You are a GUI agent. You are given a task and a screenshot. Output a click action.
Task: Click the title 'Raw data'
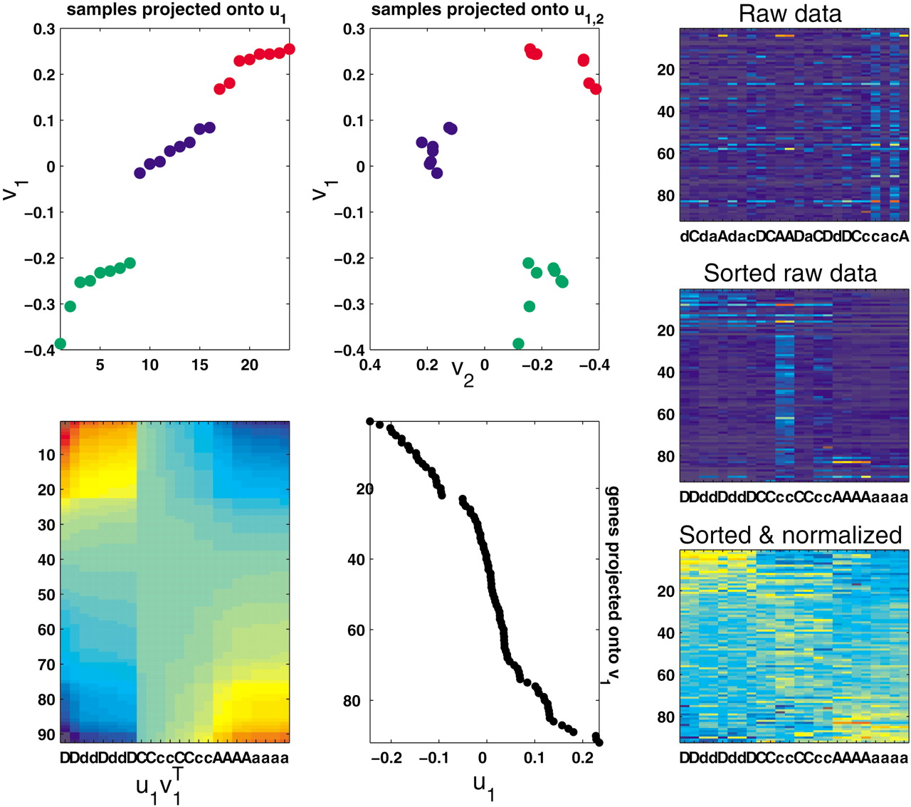(x=790, y=14)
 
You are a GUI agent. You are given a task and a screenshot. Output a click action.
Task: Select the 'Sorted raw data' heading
(x=790, y=273)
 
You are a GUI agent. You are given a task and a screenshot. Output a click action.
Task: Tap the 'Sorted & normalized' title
(x=790, y=534)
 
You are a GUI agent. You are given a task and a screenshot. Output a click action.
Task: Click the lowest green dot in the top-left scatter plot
(x=60, y=344)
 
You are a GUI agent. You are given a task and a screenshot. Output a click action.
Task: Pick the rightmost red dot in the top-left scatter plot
(x=289, y=49)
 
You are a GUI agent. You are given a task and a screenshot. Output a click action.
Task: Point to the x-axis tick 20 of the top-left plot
(x=249, y=365)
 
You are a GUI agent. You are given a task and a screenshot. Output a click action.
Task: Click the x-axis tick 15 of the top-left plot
(x=199, y=365)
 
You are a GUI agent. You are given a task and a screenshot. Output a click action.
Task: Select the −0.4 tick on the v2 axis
(x=594, y=365)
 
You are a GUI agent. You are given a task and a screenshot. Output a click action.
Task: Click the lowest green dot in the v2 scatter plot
(x=518, y=344)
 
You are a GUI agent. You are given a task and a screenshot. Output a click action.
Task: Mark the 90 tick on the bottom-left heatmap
(x=46, y=734)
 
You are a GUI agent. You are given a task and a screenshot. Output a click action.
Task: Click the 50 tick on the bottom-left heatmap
(x=46, y=595)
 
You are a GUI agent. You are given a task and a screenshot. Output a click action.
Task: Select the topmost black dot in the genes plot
(x=370, y=422)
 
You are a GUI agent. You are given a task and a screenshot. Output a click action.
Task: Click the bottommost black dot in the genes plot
(x=599, y=742)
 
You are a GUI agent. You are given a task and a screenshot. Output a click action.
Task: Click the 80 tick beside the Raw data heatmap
(x=665, y=195)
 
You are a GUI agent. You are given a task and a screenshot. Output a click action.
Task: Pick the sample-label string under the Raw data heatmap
(x=794, y=236)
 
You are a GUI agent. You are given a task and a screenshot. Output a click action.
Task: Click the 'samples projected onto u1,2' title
(x=488, y=11)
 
